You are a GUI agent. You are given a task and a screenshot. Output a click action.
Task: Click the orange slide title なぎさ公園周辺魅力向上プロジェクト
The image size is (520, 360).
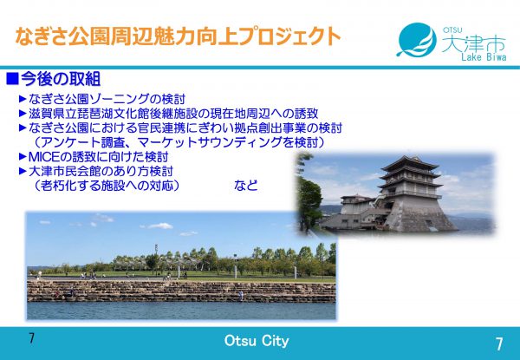(x=178, y=36)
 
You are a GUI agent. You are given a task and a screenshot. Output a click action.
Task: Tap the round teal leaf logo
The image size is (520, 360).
(x=417, y=40)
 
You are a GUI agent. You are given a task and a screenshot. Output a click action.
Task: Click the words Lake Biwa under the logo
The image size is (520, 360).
(x=484, y=56)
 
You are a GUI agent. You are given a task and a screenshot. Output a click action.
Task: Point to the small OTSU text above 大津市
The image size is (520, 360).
(x=452, y=30)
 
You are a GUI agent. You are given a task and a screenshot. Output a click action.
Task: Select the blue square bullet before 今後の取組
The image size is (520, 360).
(x=12, y=79)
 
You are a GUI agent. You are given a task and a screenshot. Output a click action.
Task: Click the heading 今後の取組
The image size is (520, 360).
(x=61, y=79)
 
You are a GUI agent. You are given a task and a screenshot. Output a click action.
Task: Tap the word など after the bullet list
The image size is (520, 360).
(x=246, y=185)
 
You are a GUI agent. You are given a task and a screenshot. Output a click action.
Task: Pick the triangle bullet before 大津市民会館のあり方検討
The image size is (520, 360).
(x=23, y=171)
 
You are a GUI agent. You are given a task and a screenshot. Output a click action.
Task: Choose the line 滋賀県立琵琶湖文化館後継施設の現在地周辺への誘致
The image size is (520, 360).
(x=173, y=114)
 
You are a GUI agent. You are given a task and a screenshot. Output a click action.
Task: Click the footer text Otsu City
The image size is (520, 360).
(x=257, y=341)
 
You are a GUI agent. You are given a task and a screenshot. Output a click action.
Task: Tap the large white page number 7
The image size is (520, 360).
(x=499, y=344)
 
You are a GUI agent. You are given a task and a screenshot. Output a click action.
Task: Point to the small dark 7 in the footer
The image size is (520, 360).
(x=31, y=338)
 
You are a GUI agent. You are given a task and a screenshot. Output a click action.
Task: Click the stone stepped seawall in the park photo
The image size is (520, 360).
(x=181, y=291)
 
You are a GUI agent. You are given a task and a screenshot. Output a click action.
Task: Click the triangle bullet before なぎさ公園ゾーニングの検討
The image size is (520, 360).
(x=23, y=99)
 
